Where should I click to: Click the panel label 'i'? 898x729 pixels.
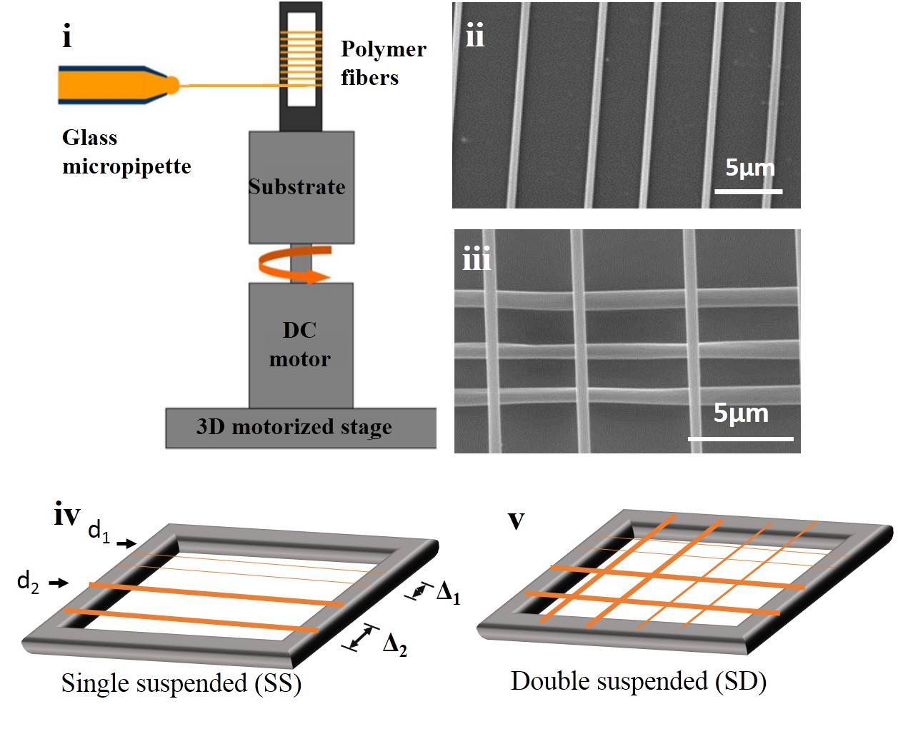pos(67,36)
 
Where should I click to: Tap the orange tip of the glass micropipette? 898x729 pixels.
pos(171,85)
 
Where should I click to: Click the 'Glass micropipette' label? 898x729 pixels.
pos(126,152)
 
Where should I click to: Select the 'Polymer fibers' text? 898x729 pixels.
pos(383,63)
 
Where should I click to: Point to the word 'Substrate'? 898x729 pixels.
pos(296,187)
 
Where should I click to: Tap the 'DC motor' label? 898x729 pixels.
pos(299,344)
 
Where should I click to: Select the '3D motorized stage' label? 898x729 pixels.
pos(294,427)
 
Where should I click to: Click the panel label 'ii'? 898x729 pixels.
pos(474,35)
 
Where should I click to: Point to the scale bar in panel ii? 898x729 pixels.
pos(749,191)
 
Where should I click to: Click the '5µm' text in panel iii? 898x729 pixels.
pos(741,413)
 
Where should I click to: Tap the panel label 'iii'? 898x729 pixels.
pos(477,258)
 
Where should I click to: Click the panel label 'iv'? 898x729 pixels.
pos(67,514)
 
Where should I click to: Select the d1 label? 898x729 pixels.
pos(99,531)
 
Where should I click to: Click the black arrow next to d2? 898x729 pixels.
pos(59,583)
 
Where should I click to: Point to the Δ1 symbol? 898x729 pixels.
pos(448,593)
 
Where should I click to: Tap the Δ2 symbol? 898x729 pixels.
pos(394,645)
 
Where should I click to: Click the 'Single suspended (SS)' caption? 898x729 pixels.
pos(181,683)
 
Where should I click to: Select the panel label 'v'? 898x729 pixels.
pos(516,521)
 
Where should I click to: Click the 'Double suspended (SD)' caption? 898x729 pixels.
pos(639,681)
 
